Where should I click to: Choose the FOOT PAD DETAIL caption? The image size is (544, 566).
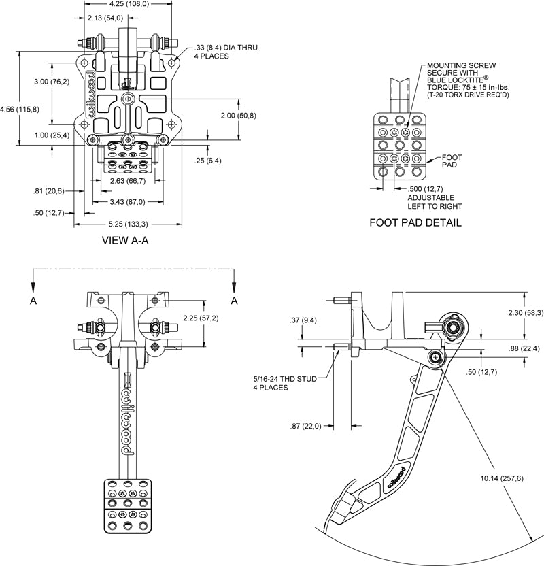click(x=415, y=222)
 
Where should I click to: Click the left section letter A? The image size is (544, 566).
click(x=33, y=301)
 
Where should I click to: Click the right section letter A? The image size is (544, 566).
click(x=235, y=301)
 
